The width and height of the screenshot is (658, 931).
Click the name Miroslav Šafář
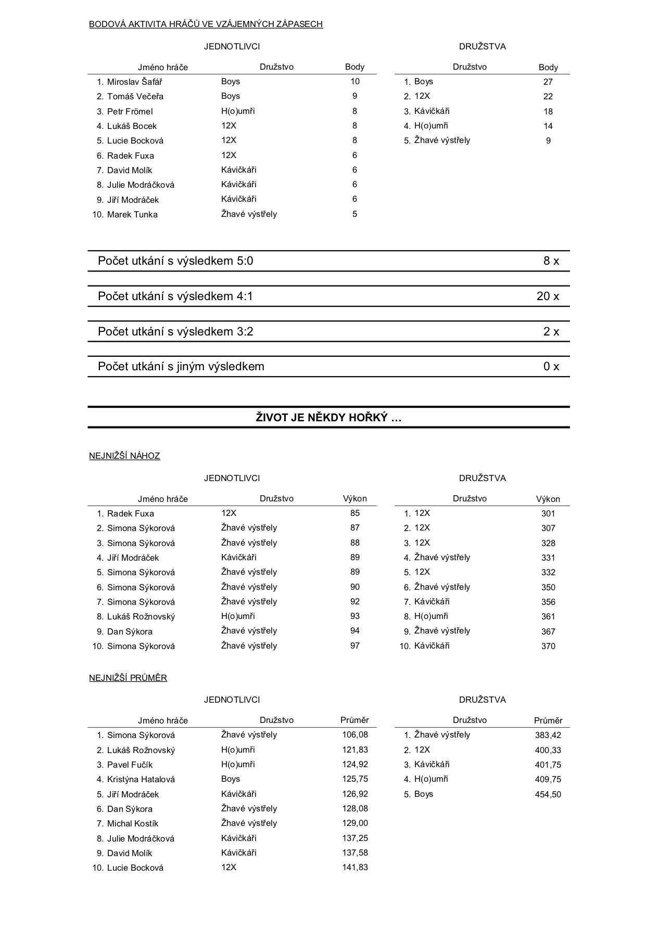point(134,82)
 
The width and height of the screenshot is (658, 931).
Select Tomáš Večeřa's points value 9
point(355,96)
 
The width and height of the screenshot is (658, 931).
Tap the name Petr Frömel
point(130,111)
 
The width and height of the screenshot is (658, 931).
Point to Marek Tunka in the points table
point(132,214)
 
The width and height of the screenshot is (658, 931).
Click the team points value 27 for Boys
point(548,82)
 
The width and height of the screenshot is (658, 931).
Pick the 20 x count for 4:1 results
point(548,296)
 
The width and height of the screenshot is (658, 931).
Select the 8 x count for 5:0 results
point(551,261)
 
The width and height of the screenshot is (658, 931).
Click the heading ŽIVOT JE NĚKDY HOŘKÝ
point(328,418)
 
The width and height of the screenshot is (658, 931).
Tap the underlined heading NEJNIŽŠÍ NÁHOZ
point(124,456)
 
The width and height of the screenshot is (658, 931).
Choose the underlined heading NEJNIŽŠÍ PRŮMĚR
point(128,678)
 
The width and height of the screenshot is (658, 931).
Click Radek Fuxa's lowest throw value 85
point(355,513)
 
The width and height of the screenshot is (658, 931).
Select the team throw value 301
point(548,514)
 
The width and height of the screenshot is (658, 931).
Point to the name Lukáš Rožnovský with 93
point(141,617)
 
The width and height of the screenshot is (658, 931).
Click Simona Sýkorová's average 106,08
point(355,735)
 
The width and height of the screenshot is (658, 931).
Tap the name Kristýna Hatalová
point(141,780)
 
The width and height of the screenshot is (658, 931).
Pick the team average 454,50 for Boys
point(548,794)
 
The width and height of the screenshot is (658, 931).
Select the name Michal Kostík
point(132,824)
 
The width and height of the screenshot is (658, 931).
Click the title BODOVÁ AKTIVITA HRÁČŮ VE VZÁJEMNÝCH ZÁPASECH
point(206,24)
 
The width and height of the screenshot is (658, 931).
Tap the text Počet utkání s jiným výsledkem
point(181,367)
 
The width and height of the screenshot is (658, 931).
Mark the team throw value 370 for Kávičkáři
point(548,646)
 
